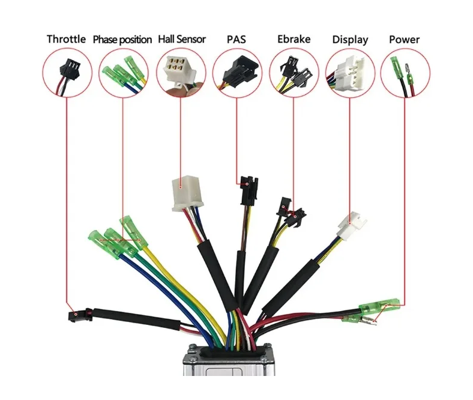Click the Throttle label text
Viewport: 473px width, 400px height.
coord(66,39)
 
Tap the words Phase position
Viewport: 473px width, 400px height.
coord(122,40)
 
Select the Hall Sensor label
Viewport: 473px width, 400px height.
coord(182,39)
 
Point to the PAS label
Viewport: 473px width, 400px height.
coord(236,39)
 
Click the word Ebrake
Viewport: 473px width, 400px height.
coord(294,39)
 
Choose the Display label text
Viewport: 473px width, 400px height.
coord(350,40)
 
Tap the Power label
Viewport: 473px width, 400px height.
coord(404,40)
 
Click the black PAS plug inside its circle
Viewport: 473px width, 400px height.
coord(241,70)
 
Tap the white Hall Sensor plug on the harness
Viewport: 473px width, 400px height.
coord(187,193)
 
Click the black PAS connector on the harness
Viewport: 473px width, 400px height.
coord(249,191)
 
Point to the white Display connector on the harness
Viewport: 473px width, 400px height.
coord(352,226)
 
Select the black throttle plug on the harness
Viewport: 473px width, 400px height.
coord(79,315)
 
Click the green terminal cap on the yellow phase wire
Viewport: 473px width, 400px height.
coord(133,232)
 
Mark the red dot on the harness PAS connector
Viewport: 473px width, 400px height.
coord(247,184)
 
